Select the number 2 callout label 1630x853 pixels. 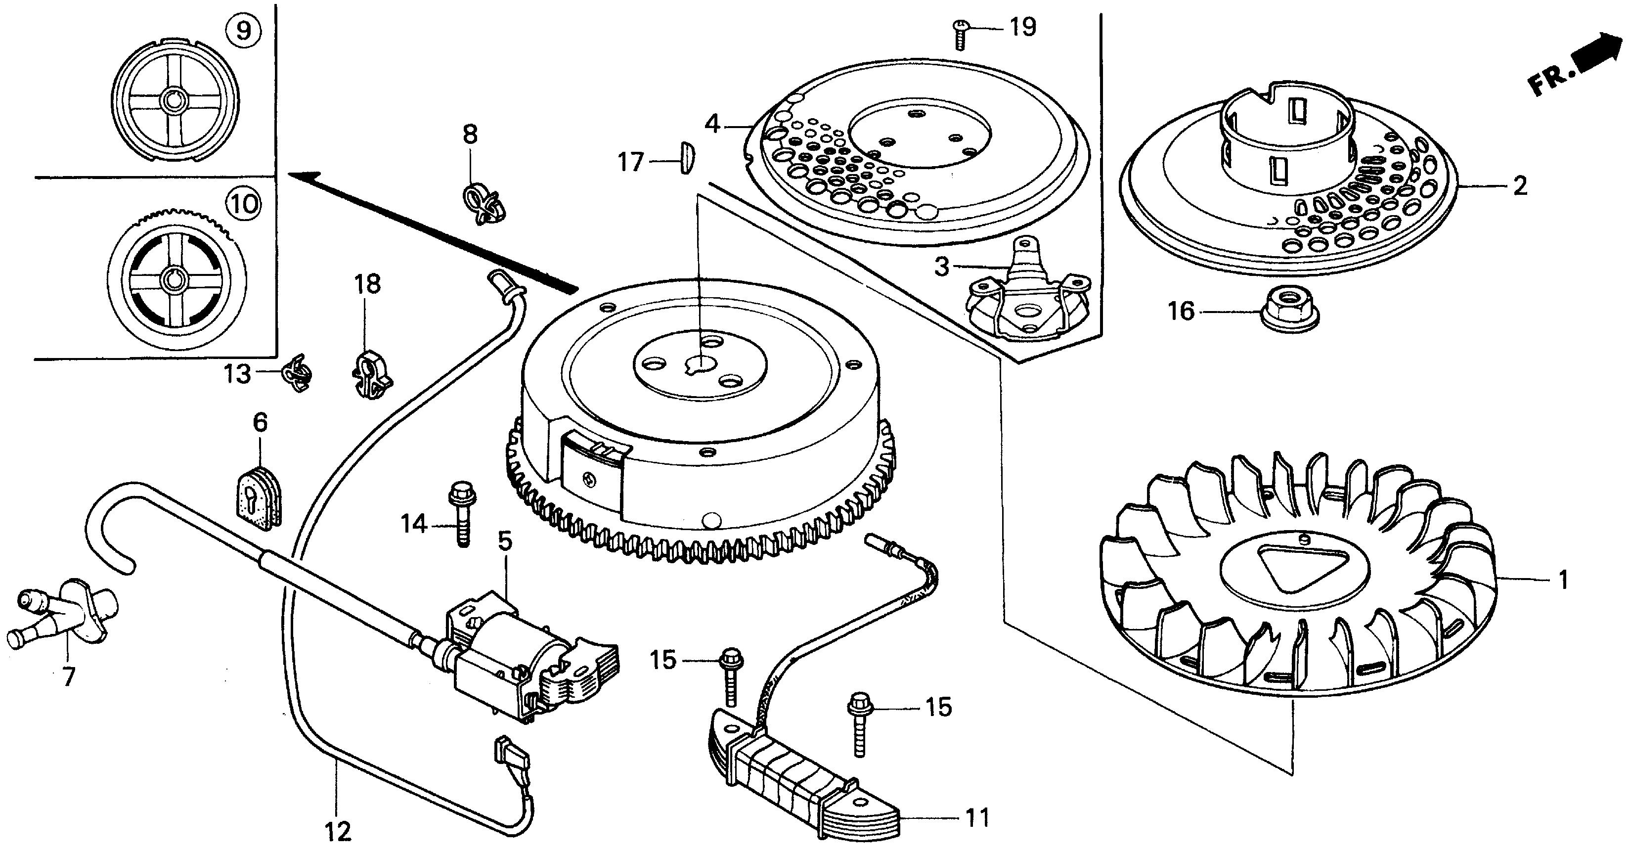1519,186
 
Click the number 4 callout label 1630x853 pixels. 712,124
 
